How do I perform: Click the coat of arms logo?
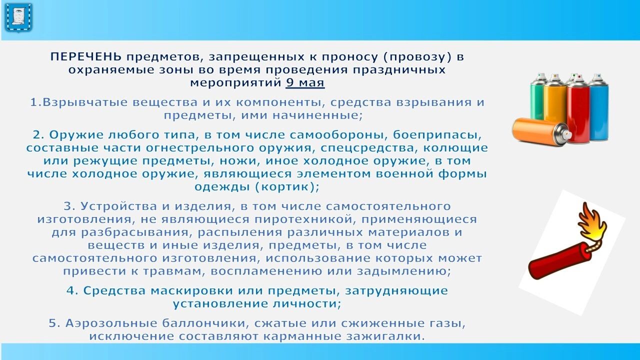click(18, 17)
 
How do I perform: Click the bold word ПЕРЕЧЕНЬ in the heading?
click(85, 57)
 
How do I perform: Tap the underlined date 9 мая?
click(305, 83)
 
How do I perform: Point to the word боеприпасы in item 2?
click(437, 135)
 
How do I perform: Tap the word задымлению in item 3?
click(403, 271)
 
